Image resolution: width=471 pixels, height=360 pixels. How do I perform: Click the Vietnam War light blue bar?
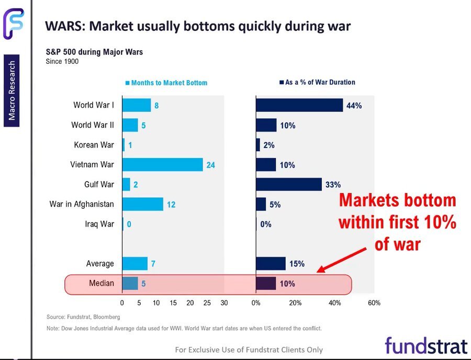coord(162,165)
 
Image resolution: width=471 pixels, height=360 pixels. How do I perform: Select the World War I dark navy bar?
coord(299,105)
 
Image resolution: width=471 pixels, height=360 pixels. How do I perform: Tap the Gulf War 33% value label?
coord(333,185)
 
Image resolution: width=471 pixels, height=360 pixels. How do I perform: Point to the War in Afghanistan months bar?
coord(142,204)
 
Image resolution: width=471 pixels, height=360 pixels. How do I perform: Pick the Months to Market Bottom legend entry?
coord(166,83)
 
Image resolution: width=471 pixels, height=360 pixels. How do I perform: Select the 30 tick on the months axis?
coord(224,303)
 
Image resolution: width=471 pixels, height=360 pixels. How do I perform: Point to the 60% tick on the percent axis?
coord(374,303)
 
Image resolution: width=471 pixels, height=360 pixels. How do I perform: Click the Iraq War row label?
coord(99,224)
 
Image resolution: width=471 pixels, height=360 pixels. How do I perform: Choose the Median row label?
coord(102,284)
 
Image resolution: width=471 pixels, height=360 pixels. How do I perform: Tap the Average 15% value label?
coord(297,264)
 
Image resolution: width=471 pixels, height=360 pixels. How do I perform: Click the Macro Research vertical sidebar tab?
coord(12,90)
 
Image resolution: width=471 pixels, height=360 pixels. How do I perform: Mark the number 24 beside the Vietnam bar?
coord(210,165)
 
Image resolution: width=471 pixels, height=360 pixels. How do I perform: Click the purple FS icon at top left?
coord(13,24)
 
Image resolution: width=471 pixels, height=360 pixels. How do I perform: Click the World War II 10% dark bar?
coord(266,125)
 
